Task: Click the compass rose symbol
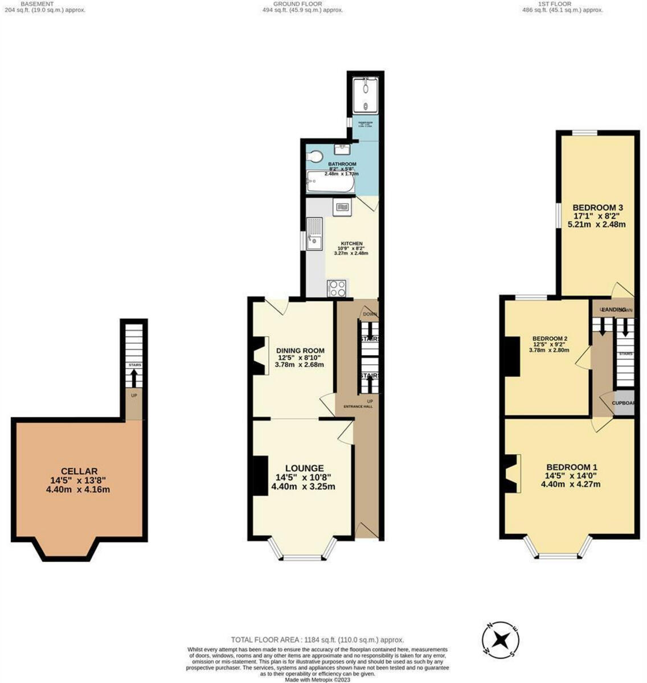pyautogui.click(x=501, y=638)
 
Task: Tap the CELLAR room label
pyautogui.click(x=79, y=471)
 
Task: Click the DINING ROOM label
pyautogui.click(x=300, y=351)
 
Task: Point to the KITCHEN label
pyautogui.click(x=351, y=244)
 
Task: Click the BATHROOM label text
pyautogui.click(x=342, y=164)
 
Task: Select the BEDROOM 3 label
pyautogui.click(x=594, y=207)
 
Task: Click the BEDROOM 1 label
pyautogui.click(x=571, y=467)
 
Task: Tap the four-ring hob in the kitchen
pyautogui.click(x=337, y=288)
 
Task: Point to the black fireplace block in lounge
pyautogui.click(x=260, y=476)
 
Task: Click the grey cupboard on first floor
pyautogui.click(x=624, y=402)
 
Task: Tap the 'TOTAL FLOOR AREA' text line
pyautogui.click(x=317, y=640)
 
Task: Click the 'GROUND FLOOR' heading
pyautogui.click(x=300, y=4)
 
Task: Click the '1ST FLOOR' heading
pyautogui.click(x=554, y=4)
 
